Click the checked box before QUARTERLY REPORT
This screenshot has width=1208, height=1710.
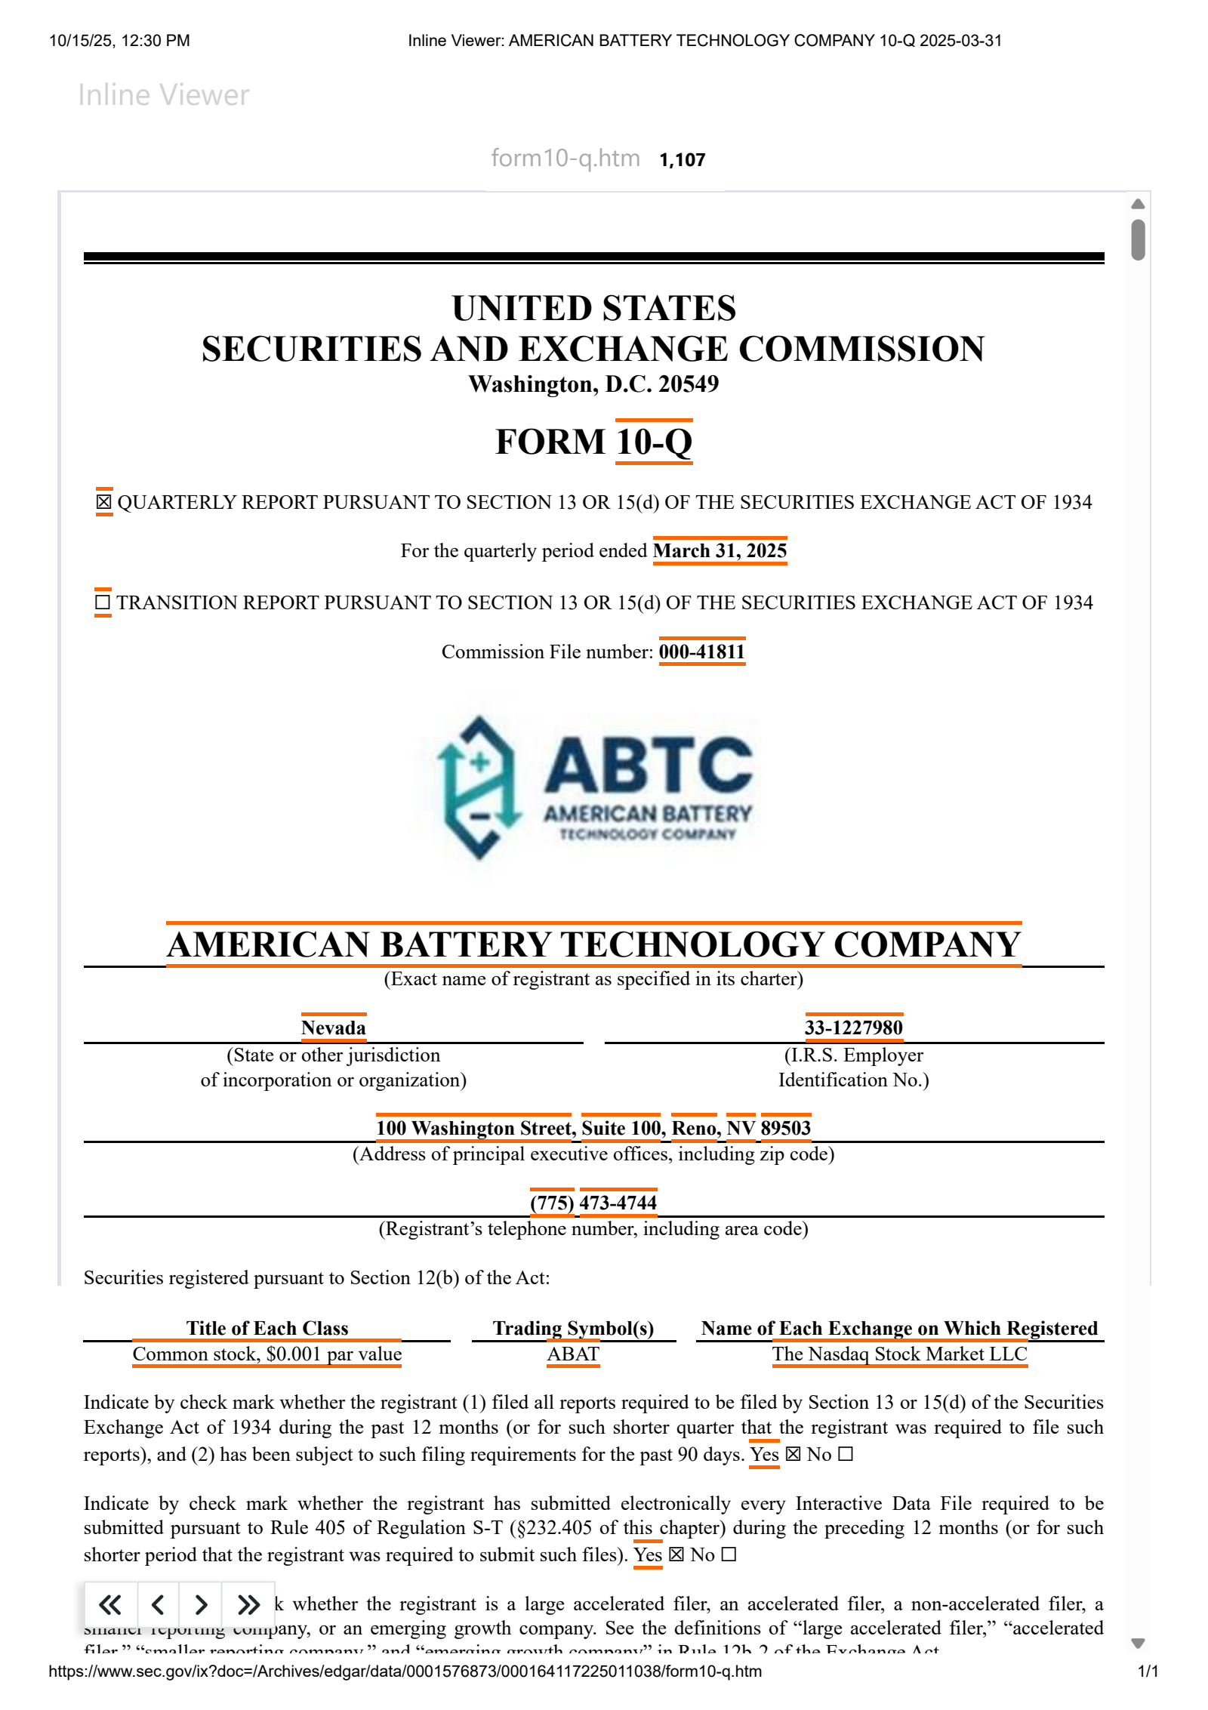tap(103, 502)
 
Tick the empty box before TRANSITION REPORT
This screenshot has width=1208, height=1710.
tap(103, 602)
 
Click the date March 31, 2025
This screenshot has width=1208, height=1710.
tap(720, 550)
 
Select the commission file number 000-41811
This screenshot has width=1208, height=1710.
tap(701, 652)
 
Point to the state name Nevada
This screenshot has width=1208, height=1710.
tap(333, 1028)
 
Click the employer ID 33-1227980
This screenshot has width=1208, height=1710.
tap(853, 1028)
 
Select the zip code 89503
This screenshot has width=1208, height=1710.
tap(785, 1128)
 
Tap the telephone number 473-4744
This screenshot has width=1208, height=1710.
tap(618, 1203)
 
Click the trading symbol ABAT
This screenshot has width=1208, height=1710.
tap(573, 1354)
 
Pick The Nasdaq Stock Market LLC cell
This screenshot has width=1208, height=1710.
tap(899, 1354)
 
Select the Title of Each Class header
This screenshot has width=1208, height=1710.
tap(267, 1328)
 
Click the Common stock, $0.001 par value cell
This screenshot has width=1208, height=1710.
tap(267, 1354)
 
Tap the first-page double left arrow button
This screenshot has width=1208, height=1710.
tap(110, 1604)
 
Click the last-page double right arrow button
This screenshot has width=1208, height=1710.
tap(248, 1604)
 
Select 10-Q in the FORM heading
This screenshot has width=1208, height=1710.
tap(654, 442)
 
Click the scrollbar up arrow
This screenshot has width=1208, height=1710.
tap(1138, 204)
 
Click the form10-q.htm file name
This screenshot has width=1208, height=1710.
tap(565, 159)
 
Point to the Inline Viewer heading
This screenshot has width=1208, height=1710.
tap(163, 95)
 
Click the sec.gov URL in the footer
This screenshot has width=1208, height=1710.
tap(405, 1671)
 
